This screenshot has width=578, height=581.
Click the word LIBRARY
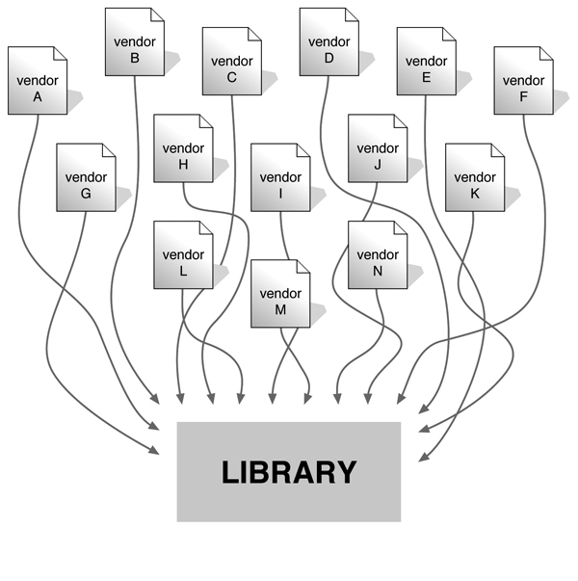(x=289, y=472)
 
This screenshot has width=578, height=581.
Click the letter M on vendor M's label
(x=280, y=309)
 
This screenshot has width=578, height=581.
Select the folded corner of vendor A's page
(x=60, y=53)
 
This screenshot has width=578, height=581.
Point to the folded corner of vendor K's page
(x=497, y=150)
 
